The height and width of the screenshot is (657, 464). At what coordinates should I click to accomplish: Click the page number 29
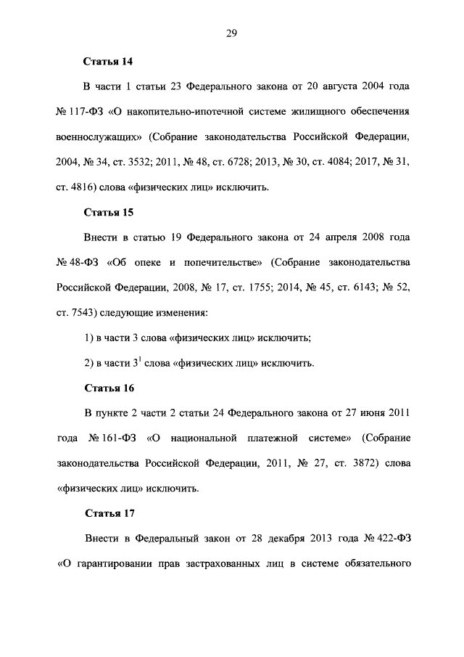coord(231,33)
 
